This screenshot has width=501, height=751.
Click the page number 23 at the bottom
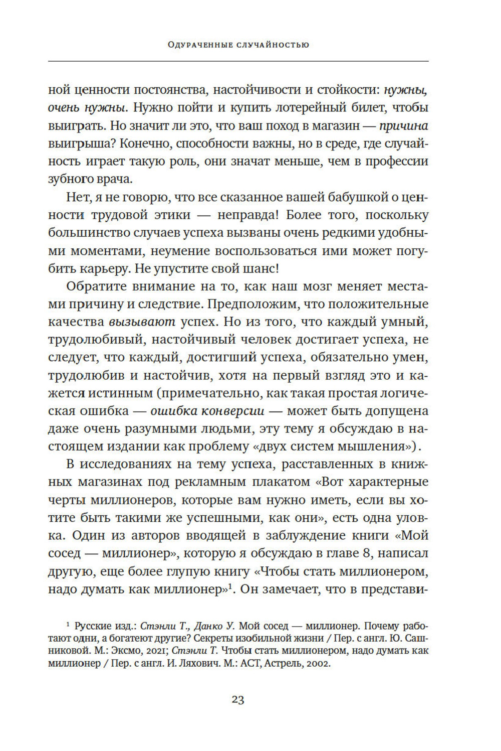(x=237, y=699)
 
